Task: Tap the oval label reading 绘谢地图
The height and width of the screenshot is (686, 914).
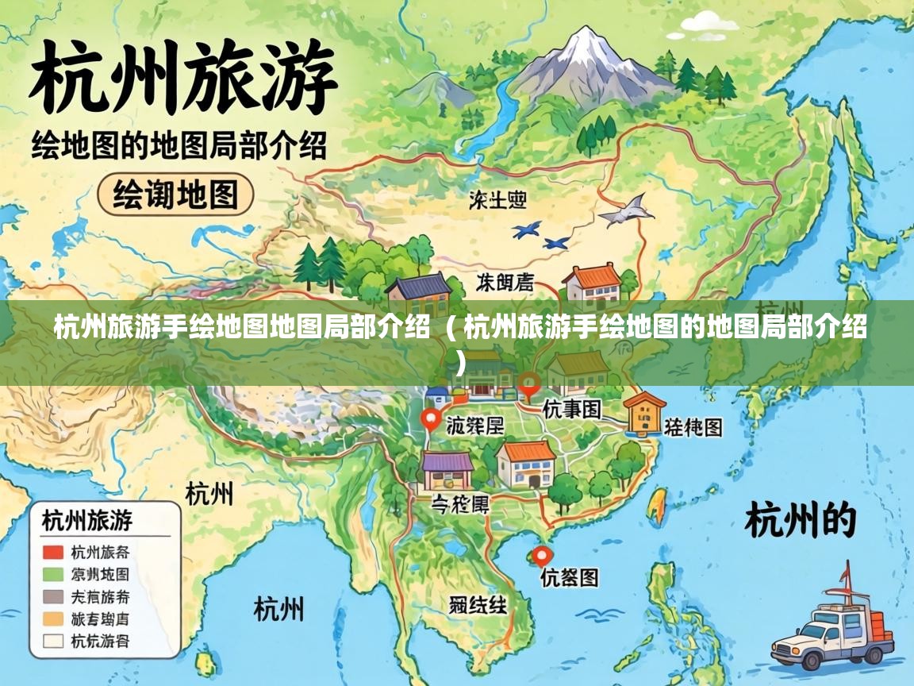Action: coord(175,194)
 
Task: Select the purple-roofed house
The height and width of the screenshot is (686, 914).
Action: coord(447,468)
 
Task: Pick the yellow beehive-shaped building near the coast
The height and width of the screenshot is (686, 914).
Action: coord(643,413)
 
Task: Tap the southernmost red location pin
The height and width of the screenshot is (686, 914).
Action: coord(542,556)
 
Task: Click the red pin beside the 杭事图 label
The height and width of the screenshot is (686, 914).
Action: coord(528,386)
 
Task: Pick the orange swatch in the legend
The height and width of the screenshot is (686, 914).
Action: coord(53,619)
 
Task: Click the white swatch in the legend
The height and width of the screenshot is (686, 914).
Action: coord(53,641)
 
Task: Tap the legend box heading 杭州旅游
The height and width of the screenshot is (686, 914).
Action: coord(86,522)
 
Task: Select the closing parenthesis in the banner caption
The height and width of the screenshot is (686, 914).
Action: coord(461,364)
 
